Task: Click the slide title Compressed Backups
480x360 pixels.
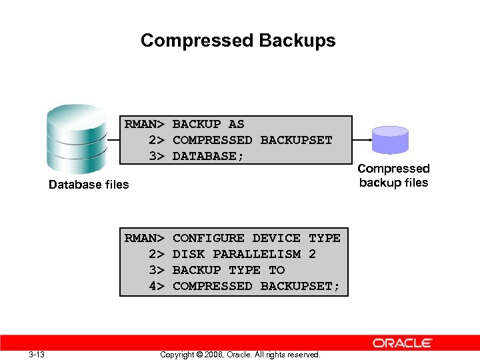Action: pyautogui.click(x=238, y=41)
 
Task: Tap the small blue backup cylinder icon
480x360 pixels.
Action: pyautogui.click(x=390, y=141)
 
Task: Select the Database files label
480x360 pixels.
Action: pyautogui.click(x=89, y=185)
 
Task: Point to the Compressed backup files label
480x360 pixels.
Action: pyautogui.click(x=393, y=176)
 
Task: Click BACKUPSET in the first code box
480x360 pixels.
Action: pyautogui.click(x=296, y=140)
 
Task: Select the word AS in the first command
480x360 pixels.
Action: pyautogui.click(x=236, y=124)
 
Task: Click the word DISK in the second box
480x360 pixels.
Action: pyautogui.click(x=188, y=254)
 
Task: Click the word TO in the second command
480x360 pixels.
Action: pyautogui.click(x=276, y=270)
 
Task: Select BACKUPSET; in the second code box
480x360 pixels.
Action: pyautogui.click(x=300, y=286)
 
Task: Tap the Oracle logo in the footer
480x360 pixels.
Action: pyautogui.click(x=403, y=343)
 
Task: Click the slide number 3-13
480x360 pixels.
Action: pyautogui.click(x=37, y=354)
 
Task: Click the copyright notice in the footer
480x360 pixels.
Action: pyautogui.click(x=240, y=355)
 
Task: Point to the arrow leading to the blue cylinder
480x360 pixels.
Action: pyautogui.click(x=362, y=140)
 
